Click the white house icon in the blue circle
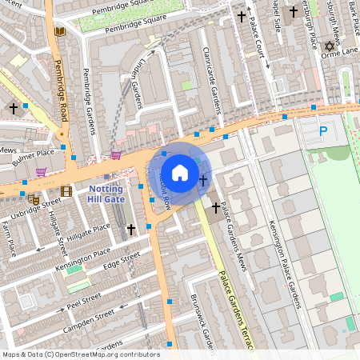point(180,173)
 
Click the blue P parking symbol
point(323,130)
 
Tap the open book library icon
point(59,32)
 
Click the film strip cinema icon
point(66,190)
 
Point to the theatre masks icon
point(34,199)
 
